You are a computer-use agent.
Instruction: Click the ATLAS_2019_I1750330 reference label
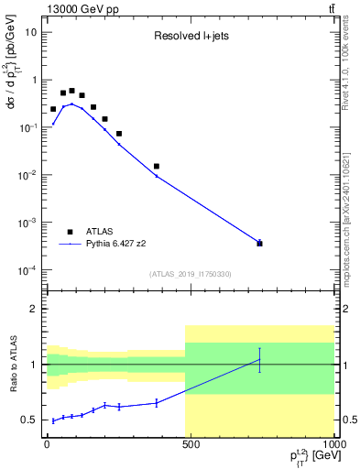(x=190, y=274)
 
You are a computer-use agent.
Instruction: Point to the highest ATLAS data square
(x=72, y=91)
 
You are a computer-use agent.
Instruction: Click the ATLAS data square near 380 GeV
(x=157, y=166)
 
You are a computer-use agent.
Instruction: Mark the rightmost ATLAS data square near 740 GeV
(x=260, y=243)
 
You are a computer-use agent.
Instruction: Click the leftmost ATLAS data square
(x=53, y=109)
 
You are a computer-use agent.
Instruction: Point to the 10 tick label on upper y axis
(x=31, y=32)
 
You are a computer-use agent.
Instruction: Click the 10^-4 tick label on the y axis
(x=29, y=270)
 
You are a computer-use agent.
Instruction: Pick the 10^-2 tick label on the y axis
(x=29, y=175)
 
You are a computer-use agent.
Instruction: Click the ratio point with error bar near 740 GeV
(x=260, y=360)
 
